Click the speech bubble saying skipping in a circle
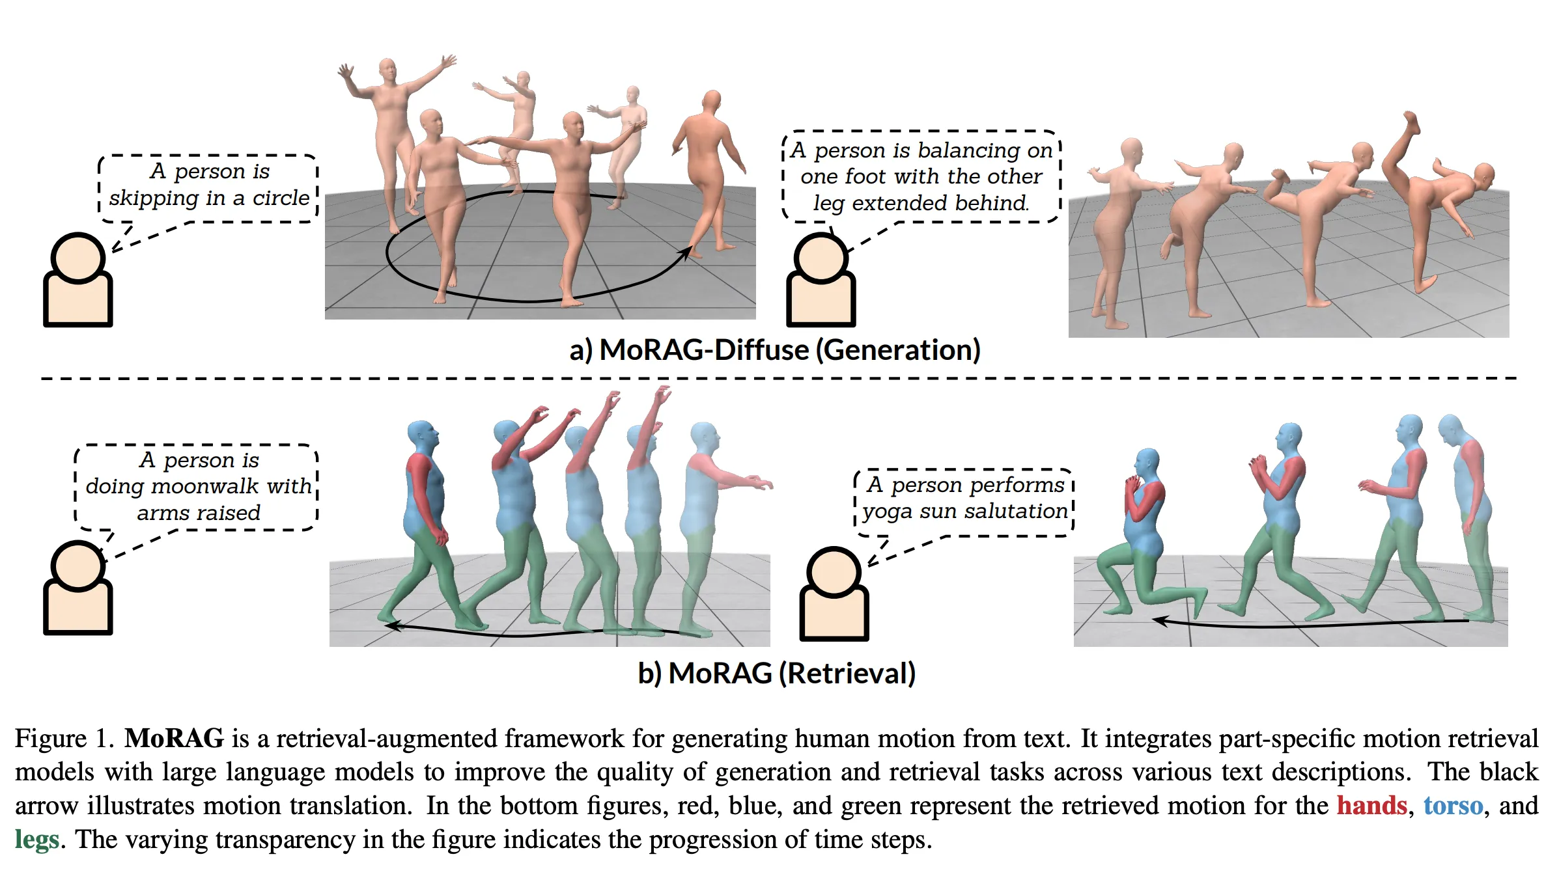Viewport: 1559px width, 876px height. (208, 185)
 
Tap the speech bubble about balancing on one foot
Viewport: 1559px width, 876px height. (921, 176)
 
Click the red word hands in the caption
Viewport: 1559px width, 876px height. (1371, 806)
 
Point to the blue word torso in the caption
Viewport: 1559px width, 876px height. (1452, 806)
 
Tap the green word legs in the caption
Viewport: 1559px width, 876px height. (37, 840)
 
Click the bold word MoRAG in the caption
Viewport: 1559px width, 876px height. (174, 739)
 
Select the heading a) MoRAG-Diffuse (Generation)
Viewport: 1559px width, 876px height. (774, 350)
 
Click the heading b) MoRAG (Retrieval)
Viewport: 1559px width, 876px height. (776, 673)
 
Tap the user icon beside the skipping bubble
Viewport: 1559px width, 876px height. (78, 280)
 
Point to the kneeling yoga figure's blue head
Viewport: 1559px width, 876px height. (1146, 464)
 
